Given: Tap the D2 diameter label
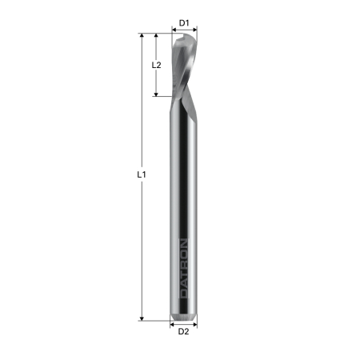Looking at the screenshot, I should [x=184, y=330].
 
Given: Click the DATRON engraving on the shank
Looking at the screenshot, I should [x=184, y=269].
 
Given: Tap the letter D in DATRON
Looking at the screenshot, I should [x=184, y=294].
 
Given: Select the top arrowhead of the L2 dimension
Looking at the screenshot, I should [x=157, y=36].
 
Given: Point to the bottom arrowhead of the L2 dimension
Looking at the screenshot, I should [x=157, y=94].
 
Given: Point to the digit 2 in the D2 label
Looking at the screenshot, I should [x=187, y=330].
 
